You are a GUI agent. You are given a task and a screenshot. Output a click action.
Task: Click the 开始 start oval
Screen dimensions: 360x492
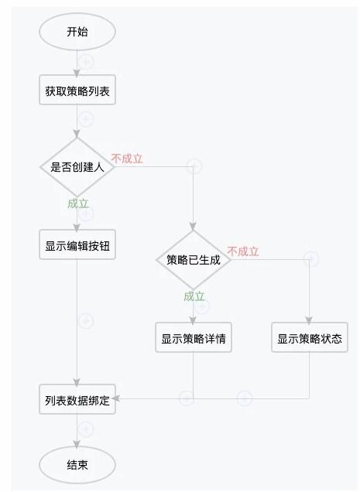(77, 32)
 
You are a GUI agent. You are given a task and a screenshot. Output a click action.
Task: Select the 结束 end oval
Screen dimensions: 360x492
(77, 465)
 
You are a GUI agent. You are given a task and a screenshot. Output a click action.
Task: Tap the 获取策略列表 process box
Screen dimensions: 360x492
(77, 90)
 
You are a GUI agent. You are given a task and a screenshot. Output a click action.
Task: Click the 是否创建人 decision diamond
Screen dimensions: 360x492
(77, 167)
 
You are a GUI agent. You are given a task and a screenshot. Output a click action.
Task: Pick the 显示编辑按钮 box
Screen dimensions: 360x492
(77, 244)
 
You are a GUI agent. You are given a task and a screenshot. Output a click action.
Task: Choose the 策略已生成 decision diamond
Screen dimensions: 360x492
(194, 260)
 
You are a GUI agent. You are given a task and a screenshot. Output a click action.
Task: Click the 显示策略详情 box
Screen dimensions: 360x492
(194, 337)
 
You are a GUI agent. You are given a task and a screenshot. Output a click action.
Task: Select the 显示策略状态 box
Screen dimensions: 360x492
(310, 337)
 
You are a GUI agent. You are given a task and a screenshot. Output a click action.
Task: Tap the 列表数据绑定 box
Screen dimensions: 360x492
(77, 399)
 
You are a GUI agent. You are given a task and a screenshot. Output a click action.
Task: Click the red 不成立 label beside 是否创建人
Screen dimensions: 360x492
(127, 159)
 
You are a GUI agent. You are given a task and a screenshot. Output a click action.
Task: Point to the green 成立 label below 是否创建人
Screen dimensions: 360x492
(78, 203)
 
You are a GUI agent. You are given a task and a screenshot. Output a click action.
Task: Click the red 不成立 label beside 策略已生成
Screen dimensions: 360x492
(243, 251)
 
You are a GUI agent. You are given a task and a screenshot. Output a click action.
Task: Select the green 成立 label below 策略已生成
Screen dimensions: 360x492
(194, 296)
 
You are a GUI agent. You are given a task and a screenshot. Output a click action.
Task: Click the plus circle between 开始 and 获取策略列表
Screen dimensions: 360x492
(86, 62)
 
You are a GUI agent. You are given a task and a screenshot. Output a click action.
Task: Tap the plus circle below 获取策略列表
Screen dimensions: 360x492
(86, 119)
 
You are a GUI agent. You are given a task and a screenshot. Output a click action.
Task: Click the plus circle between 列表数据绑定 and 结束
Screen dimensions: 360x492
(86, 429)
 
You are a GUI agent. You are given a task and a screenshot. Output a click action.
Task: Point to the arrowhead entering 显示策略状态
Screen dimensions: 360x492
(309, 321)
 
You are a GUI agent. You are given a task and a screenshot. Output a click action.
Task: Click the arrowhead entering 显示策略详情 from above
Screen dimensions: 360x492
(193, 321)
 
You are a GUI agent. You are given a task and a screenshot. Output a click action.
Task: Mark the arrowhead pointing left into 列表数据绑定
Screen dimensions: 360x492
(115, 398)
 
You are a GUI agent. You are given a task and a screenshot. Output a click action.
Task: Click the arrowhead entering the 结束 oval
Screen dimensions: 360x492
(77, 445)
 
